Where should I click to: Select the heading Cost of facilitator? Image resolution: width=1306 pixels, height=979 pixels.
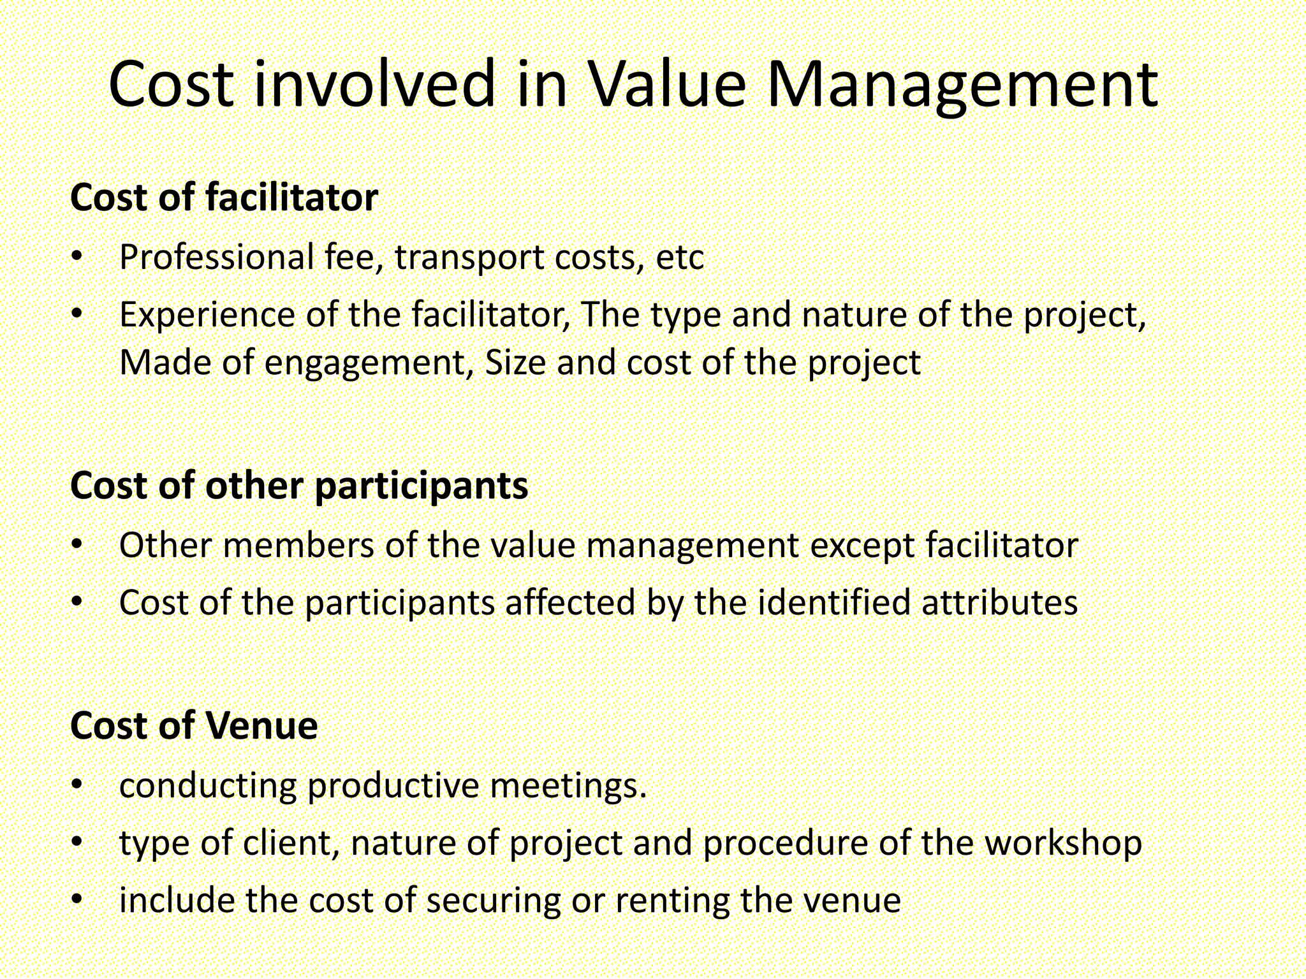[224, 198]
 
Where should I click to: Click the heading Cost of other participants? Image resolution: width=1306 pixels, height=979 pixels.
[299, 486]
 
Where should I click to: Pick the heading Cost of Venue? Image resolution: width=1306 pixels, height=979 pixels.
[194, 725]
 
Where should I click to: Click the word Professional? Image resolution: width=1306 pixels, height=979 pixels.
[216, 258]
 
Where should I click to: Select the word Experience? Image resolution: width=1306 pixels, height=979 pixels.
[207, 315]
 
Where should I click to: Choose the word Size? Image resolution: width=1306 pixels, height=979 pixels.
[515, 363]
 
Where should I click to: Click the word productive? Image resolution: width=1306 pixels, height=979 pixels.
[393, 785]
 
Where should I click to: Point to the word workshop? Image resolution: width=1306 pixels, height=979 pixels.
[1063, 843]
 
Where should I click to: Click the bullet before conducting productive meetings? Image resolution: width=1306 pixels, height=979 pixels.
[77, 786]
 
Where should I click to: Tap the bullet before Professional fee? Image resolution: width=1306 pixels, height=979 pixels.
[77, 257]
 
